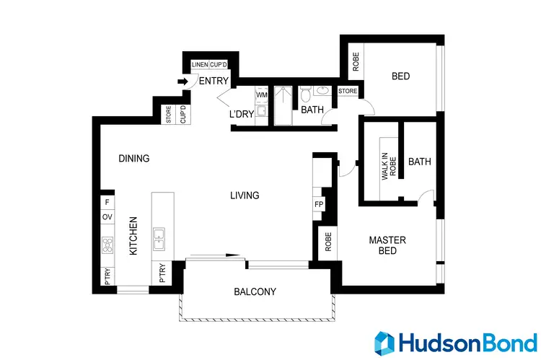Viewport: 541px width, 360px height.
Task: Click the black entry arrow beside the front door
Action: (x=182, y=82)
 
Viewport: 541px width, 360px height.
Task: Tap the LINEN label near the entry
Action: (x=200, y=65)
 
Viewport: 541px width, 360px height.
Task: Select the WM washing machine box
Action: (x=261, y=95)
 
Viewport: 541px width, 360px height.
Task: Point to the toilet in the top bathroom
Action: (x=305, y=95)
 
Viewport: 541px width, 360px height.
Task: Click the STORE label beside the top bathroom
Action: (x=348, y=91)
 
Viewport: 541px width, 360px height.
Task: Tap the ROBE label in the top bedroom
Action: (x=356, y=63)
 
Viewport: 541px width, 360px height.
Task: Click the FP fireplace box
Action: (x=319, y=204)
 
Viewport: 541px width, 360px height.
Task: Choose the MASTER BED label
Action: (x=387, y=245)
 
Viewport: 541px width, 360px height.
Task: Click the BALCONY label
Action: (x=255, y=292)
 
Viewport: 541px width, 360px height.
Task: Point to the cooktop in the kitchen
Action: (x=107, y=245)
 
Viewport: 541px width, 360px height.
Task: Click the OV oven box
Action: (x=107, y=216)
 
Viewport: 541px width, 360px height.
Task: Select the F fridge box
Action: (x=107, y=202)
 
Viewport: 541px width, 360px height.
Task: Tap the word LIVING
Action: (x=245, y=196)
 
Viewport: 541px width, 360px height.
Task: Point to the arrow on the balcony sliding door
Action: (x=232, y=254)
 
